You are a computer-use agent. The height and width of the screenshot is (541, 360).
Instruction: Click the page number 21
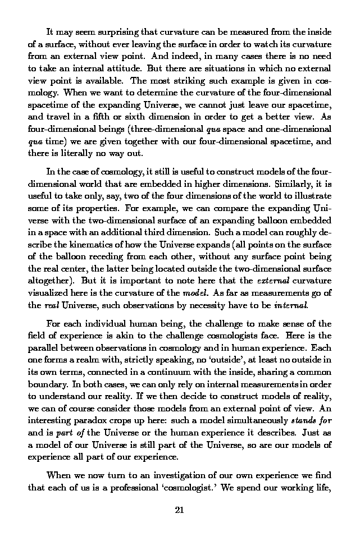(x=180, y=510)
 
